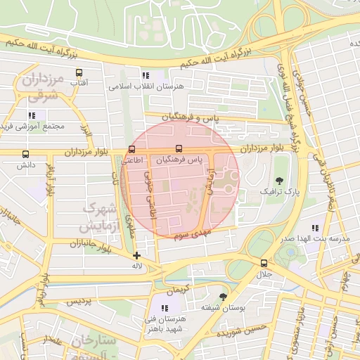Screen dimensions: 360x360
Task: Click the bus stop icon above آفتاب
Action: [x=78, y=72]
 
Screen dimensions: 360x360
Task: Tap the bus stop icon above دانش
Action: [x=26, y=154]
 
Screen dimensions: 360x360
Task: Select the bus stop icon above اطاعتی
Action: [x=132, y=149]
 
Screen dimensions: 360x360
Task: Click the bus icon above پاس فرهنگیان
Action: [x=178, y=149]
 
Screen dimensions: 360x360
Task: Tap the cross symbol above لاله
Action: [x=136, y=255]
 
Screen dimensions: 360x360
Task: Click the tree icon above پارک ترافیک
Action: [x=280, y=180]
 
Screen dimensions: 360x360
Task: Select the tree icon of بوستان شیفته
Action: [x=224, y=297]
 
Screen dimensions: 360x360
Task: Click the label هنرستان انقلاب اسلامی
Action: [x=146, y=86]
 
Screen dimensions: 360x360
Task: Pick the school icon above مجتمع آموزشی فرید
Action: [x=32, y=115]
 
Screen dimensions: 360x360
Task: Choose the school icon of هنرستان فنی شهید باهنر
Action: [x=166, y=308]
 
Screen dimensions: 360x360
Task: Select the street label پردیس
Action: [x=79, y=300]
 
